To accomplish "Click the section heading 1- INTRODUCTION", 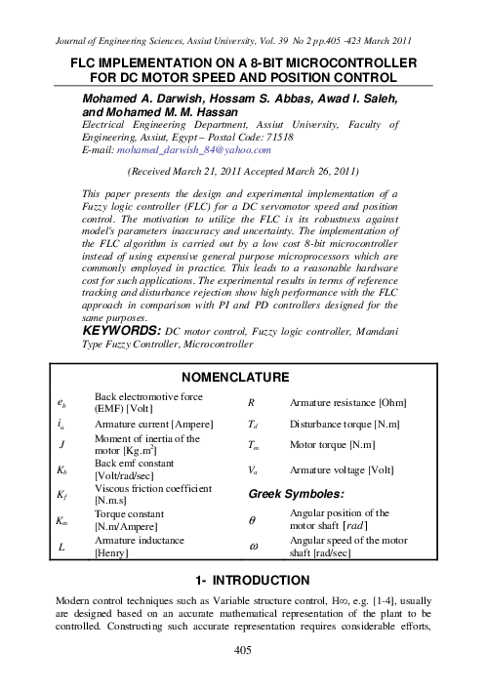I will (x=243, y=579).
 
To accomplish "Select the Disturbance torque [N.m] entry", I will (x=346, y=426).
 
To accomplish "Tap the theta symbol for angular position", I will (x=254, y=518).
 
